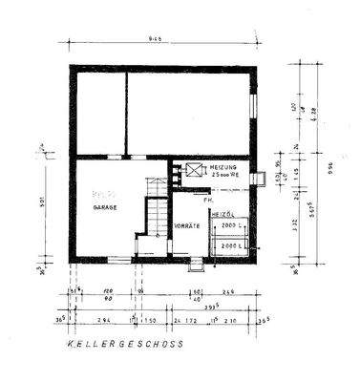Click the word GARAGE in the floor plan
105,206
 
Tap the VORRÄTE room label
187,225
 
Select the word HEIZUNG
223,168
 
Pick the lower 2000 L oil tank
231,246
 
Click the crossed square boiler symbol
195,171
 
